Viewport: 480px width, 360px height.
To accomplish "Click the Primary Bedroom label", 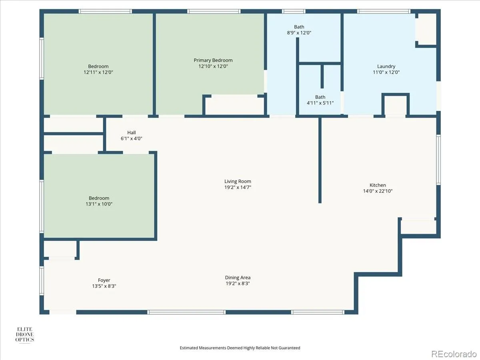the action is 213,60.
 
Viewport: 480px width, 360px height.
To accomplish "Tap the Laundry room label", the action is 386,66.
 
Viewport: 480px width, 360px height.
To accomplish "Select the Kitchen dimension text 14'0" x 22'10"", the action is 378,191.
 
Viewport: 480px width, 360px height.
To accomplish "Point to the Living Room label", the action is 238,181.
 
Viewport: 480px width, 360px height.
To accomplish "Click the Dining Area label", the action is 238,277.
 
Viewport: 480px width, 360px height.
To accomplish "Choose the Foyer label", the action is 104,280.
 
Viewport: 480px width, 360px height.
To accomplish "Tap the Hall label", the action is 132,132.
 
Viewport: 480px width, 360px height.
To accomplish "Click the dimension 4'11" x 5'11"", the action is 320,103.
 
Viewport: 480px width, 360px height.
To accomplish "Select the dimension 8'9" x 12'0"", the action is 299,32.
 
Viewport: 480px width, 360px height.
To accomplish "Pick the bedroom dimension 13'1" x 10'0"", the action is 99,204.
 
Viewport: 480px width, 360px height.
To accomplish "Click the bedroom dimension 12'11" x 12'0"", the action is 98,72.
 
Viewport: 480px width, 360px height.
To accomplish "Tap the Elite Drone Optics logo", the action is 25,334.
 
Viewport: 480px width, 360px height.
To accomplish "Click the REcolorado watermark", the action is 454,354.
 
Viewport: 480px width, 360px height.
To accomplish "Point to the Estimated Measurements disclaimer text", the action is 240,348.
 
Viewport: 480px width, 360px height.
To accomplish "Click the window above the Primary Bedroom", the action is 214,11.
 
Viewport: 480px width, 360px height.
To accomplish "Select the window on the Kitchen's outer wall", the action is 438,160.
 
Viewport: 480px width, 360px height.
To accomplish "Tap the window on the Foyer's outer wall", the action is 42,280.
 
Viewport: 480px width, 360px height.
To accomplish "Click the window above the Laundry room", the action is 384,11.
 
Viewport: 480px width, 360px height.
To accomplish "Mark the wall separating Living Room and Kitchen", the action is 320,160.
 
